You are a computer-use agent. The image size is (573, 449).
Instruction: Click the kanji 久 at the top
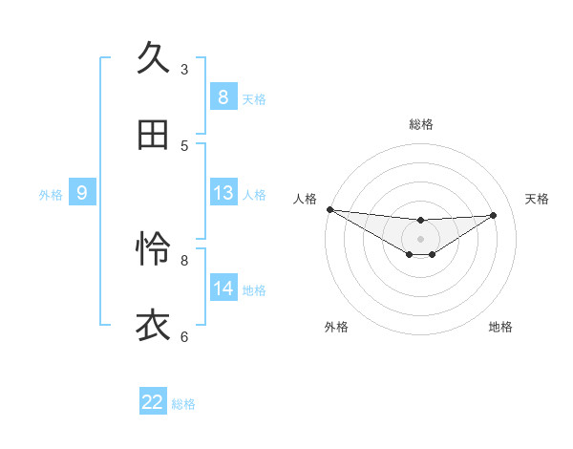click(x=153, y=58)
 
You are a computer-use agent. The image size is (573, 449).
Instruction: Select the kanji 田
click(x=153, y=136)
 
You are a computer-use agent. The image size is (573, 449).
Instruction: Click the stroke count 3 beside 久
click(x=184, y=69)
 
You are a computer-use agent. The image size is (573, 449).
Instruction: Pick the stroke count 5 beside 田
click(x=184, y=145)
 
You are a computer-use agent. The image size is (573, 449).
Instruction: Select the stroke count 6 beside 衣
click(x=184, y=336)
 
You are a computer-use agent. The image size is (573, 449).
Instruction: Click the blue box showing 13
click(x=223, y=193)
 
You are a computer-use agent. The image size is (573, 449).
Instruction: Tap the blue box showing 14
click(x=223, y=289)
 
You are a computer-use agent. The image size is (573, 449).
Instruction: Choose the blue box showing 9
click(x=82, y=193)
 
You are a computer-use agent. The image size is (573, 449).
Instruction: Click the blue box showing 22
click(x=153, y=402)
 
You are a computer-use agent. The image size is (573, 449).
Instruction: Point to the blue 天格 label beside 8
click(x=254, y=98)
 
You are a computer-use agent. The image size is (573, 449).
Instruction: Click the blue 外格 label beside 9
click(x=51, y=194)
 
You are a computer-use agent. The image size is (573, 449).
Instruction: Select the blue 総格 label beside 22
click(x=183, y=403)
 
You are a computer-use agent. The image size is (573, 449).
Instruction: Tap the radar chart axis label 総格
click(x=420, y=124)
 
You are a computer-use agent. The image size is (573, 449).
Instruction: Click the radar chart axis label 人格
click(x=305, y=199)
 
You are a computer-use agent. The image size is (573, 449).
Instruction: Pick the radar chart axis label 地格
click(x=500, y=327)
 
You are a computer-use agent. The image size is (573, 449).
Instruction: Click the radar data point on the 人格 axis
click(x=329, y=209)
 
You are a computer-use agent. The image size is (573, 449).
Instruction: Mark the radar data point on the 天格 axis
click(x=494, y=215)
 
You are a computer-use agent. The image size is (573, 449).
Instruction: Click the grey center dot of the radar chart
click(x=420, y=239)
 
